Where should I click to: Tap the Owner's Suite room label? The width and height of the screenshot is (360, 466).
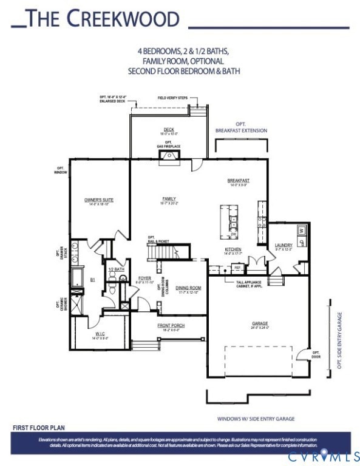[99, 200]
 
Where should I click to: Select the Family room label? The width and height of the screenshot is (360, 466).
[169, 198]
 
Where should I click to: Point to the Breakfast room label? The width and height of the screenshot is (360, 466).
[239, 180]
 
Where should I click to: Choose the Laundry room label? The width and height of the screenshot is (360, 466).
[284, 245]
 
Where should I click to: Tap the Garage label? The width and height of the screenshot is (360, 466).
[260, 323]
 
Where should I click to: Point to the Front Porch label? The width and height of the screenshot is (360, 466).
[171, 326]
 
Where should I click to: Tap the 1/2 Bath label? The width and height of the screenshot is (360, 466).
[116, 269]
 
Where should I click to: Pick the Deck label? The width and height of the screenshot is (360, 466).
[168, 129]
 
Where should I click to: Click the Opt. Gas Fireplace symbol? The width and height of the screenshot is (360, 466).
[169, 157]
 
